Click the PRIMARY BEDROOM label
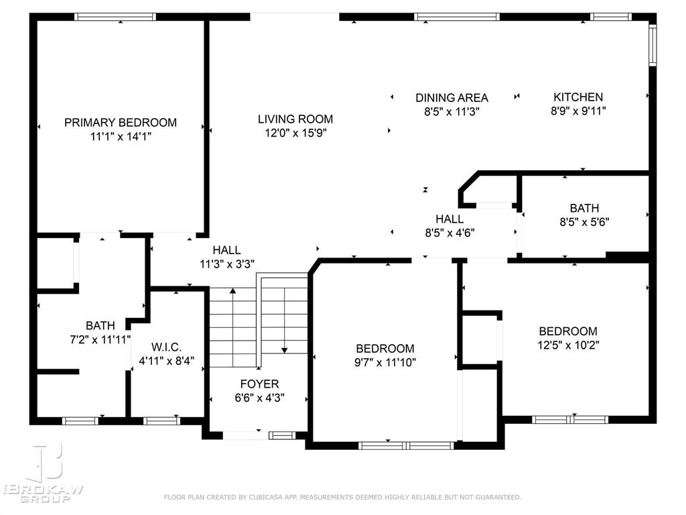121,123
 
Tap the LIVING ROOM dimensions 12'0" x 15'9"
295,133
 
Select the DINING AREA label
452,98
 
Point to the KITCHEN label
577,97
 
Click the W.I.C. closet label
167,347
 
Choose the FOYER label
259,384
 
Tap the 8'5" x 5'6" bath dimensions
584,221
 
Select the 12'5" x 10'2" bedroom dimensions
568,345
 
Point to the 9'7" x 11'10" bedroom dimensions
385,363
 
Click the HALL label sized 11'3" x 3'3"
226,250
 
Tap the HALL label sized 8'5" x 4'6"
449,219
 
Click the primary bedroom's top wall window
115,17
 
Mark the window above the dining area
457,17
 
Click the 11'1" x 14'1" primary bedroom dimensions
121,136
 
